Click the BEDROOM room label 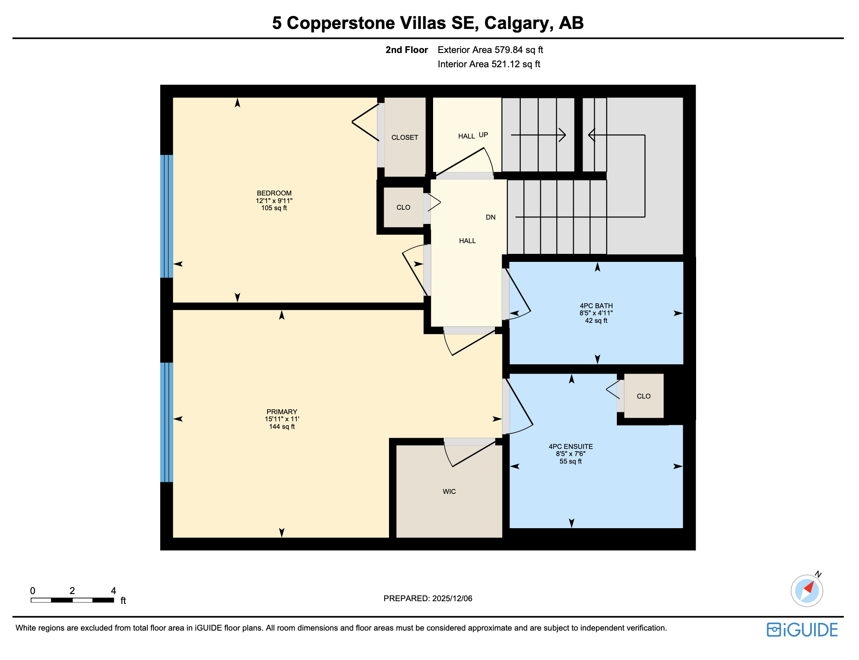274,193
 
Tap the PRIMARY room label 282,412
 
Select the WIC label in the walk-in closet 449,492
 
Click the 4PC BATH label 596,306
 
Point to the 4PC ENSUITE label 571,447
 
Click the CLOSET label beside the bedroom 405,138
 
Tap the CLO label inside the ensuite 644,396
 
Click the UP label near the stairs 483,135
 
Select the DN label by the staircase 490,217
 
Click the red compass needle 809,587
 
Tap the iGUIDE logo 802,630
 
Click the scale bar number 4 113,591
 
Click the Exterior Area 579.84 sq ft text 490,50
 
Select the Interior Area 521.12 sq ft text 489,64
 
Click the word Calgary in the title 519,23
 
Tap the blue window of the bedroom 166,216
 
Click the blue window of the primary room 166,422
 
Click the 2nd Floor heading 406,50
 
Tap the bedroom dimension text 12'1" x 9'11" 274,201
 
